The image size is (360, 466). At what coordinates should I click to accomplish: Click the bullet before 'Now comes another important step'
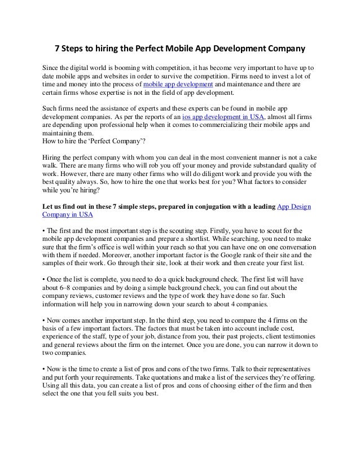tap(44, 323)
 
